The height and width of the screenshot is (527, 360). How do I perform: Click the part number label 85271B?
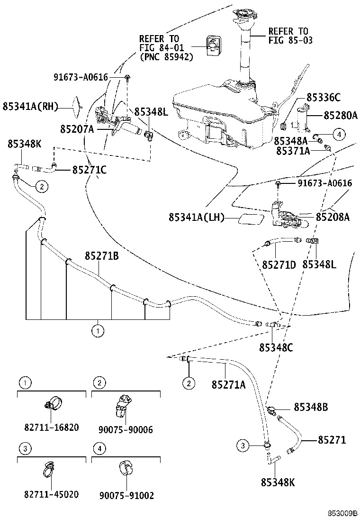tap(101, 256)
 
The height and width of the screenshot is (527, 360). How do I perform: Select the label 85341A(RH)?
tap(29, 107)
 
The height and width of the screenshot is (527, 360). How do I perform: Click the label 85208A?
tap(333, 217)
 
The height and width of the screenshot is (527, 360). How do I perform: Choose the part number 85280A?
tap(340, 115)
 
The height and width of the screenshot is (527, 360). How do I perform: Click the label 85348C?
tap(276, 347)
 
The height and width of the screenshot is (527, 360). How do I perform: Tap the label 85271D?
tap(279, 264)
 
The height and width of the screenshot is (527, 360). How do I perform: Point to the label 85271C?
tap(89, 169)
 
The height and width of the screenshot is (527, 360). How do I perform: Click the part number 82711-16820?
tap(51, 427)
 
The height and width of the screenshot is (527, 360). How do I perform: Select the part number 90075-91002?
tap(126, 495)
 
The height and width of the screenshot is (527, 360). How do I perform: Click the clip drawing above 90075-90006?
tap(124, 404)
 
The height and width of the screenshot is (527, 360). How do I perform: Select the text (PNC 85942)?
tap(166, 57)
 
